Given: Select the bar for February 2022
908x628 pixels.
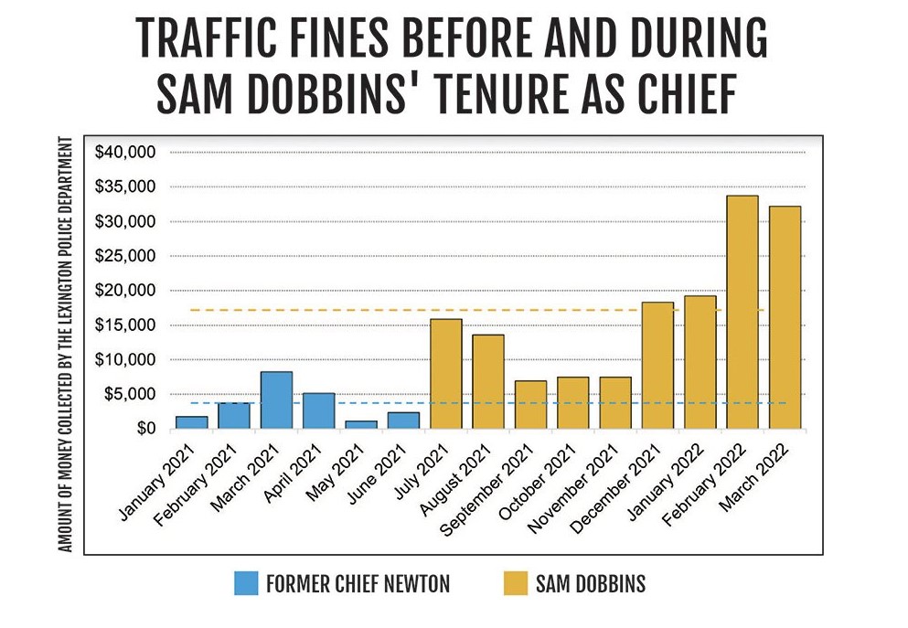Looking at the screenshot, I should coord(742,312).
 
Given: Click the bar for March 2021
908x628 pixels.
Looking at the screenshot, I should coord(276,400).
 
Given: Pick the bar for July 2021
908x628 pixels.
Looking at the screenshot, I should coord(446,374).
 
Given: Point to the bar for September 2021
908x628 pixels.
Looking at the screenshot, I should coord(530,405).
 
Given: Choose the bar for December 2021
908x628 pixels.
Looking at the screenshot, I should coord(657,366).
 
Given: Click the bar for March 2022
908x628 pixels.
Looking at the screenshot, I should coord(785,317).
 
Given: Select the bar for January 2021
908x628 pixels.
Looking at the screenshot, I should coord(191,422).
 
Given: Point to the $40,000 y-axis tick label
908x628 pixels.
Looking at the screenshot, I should coord(126,152).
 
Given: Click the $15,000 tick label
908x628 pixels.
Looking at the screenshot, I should coord(126,325).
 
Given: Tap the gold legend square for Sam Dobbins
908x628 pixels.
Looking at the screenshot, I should coord(516,583).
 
